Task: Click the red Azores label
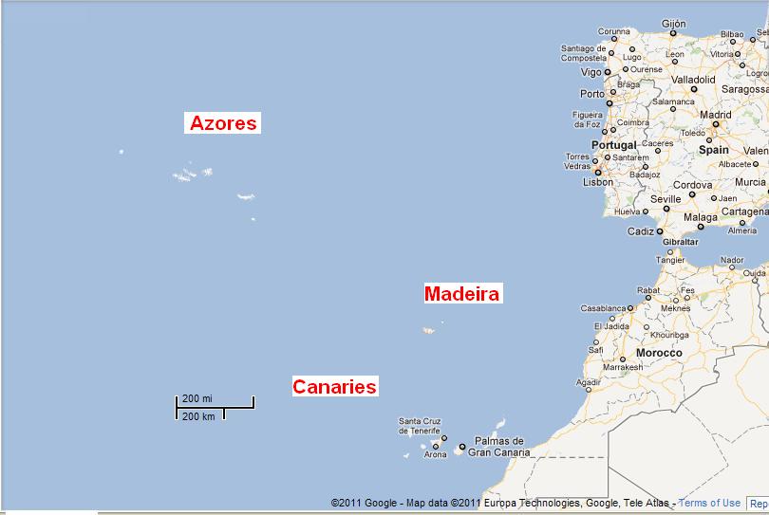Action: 223,123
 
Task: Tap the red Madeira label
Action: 461,294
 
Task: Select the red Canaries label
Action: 334,386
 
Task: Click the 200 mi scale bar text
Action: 197,398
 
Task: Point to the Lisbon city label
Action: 598,182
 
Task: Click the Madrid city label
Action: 715,115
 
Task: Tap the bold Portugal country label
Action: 614,145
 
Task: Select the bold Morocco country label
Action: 659,353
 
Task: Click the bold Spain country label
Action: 713,150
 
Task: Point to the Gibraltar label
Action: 675,242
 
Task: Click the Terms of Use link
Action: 709,503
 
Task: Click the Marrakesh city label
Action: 623,367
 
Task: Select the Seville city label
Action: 666,199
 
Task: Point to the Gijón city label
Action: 673,23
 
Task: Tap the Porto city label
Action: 591,94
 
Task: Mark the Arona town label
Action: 435,455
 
